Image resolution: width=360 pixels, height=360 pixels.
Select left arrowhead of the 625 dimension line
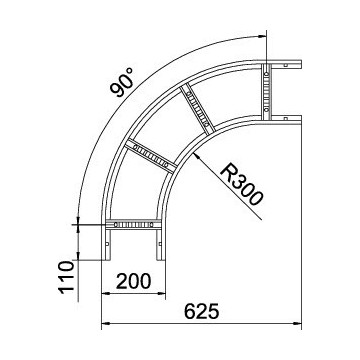(104, 325)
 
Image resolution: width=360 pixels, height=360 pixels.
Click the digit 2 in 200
(121, 279)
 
